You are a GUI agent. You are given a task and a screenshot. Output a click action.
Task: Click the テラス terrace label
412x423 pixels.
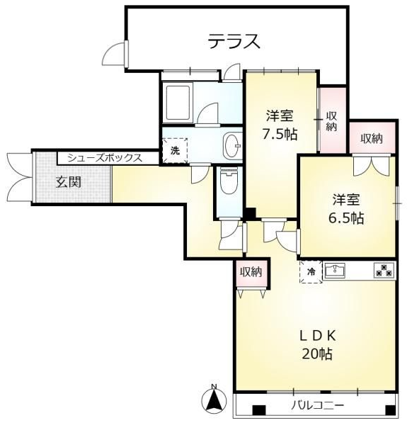click(234, 42)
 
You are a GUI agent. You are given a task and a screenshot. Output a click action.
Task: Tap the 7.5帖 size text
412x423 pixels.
click(281, 135)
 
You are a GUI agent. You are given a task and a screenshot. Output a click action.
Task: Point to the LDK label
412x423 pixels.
click(316, 335)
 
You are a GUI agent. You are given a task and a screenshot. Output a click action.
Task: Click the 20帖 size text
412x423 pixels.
click(316, 354)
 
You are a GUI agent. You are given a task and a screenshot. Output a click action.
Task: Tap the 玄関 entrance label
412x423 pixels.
click(69, 181)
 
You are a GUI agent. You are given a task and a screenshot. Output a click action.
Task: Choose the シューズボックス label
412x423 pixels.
click(105, 158)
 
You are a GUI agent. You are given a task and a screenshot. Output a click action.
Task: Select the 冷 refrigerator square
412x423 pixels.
click(310, 271)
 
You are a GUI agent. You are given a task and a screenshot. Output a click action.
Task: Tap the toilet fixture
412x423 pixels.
click(228, 182)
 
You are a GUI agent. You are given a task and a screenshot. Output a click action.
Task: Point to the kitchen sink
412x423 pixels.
click(335, 271)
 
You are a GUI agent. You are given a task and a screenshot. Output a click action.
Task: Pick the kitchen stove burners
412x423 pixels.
click(384, 270)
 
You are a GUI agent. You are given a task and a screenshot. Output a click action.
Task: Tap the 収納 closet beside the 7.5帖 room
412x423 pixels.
click(331, 121)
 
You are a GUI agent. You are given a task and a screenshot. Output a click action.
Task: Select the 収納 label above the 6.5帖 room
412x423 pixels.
click(371, 139)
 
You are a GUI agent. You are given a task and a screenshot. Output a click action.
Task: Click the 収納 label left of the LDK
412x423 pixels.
click(251, 271)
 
